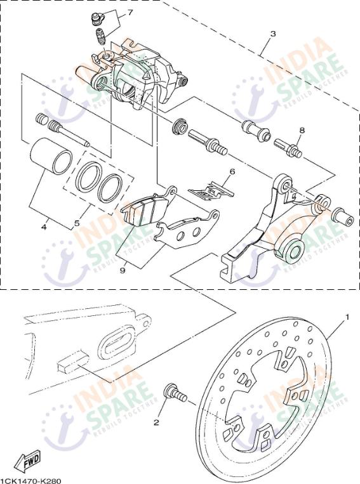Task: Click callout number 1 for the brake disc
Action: [x=347, y=317]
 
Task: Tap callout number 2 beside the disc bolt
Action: [x=156, y=422]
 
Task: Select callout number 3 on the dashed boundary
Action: [x=272, y=34]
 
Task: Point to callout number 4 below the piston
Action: [x=44, y=227]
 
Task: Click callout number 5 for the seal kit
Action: [x=77, y=222]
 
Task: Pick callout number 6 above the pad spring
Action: [x=232, y=171]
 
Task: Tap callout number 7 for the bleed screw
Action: [x=130, y=13]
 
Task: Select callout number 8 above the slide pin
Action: [x=302, y=130]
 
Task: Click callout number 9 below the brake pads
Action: [x=123, y=270]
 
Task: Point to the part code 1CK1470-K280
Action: [x=30, y=481]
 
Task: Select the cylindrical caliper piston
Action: [x=51, y=155]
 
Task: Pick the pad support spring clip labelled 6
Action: [x=212, y=191]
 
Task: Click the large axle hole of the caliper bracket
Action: [x=293, y=251]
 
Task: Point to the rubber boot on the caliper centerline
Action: [x=180, y=127]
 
